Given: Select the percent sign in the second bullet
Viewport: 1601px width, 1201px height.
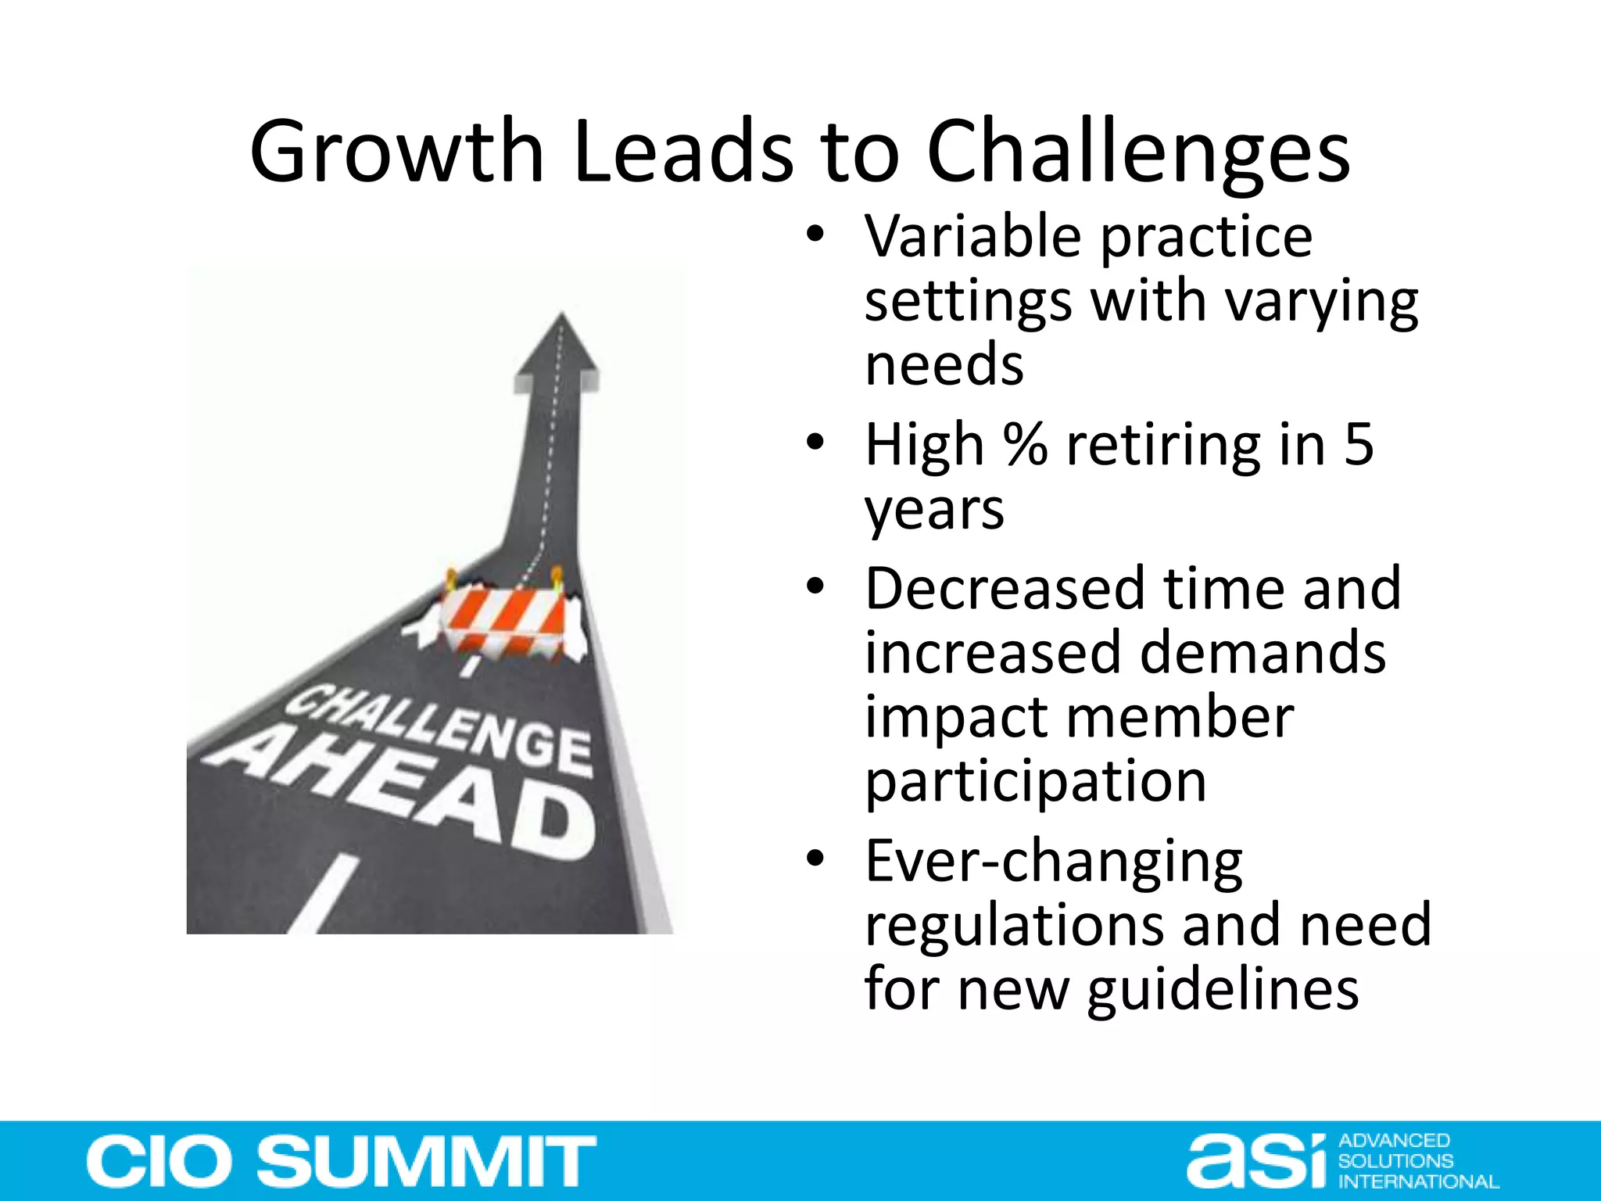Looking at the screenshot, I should click(x=1025, y=444).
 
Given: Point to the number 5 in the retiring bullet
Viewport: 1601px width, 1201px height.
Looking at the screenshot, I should click(x=1359, y=444).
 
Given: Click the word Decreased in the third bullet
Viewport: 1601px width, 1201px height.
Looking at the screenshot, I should click(x=1003, y=588).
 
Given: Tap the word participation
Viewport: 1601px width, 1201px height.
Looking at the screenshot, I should click(x=1035, y=781).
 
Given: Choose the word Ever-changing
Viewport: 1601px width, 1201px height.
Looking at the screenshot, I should click(x=1053, y=862).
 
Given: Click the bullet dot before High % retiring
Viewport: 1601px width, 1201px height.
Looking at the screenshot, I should click(x=815, y=443).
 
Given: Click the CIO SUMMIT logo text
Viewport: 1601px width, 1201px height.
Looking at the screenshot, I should click(x=342, y=1161).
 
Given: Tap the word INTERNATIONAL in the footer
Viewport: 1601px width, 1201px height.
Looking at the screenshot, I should click(x=1418, y=1181).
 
